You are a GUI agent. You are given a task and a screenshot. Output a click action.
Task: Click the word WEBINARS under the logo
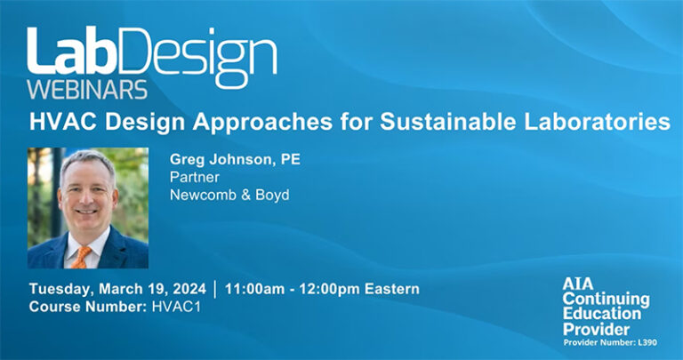[x=88, y=89]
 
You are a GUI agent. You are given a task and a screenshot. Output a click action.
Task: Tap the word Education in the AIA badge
[x=601, y=314]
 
